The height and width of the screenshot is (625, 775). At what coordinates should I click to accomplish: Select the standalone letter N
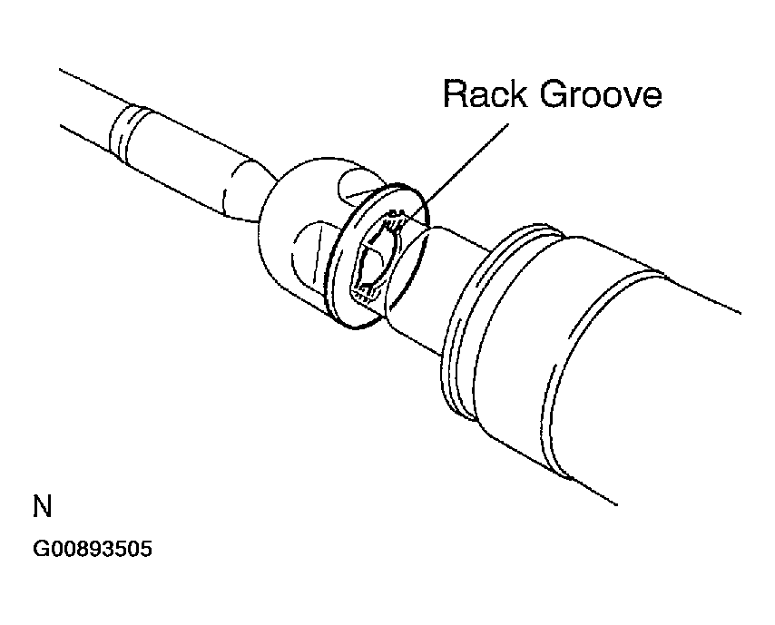coord(42,505)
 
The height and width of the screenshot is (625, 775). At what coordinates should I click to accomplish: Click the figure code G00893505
coord(92,548)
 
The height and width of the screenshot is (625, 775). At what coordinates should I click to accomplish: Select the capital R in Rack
coord(453,94)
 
